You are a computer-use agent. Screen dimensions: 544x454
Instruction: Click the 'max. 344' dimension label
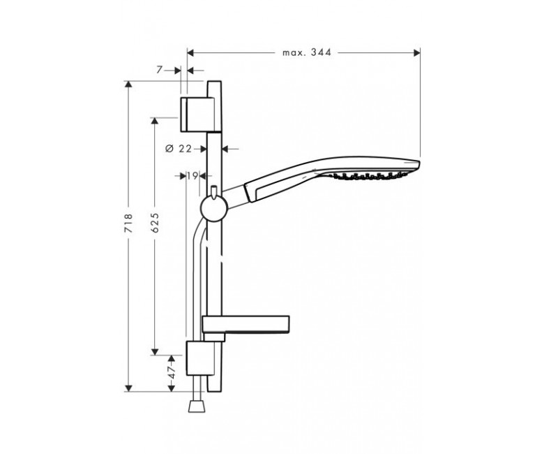point(307,52)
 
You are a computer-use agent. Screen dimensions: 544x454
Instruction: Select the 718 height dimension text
point(128,223)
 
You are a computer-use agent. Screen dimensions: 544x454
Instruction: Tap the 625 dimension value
point(155,223)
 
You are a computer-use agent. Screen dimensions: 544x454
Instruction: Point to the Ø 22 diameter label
point(179,149)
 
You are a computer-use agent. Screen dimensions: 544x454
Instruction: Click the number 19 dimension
point(193,176)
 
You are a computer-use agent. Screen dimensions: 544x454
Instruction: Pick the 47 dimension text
point(172,372)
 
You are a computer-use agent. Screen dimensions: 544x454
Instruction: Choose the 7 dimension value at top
point(159,70)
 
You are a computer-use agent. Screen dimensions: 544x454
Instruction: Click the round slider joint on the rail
point(214,207)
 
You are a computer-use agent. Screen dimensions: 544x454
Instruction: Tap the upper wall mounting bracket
point(197,115)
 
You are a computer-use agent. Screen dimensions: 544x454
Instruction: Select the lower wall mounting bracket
point(200,358)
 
